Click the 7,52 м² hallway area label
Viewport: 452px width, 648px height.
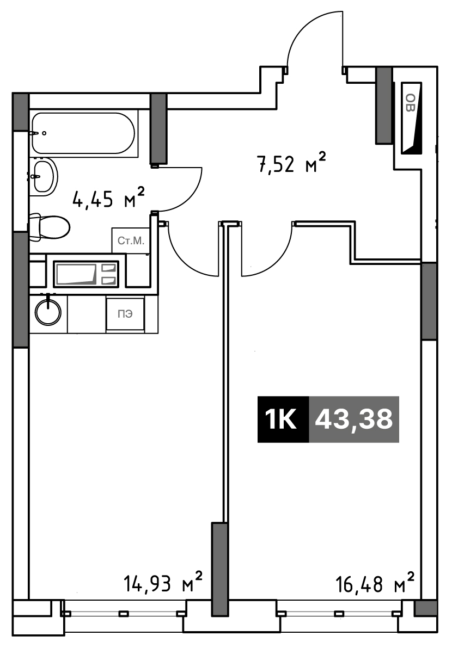coord(291,163)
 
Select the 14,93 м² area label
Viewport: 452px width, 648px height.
coord(163,582)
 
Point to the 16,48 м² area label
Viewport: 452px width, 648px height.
coord(375,582)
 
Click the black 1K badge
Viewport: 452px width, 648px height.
coord(283,419)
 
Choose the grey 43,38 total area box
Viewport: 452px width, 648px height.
coord(354,419)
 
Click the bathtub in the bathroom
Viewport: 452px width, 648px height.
coord(83,133)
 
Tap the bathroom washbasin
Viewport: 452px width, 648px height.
coord(44,176)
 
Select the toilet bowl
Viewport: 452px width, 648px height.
coord(49,227)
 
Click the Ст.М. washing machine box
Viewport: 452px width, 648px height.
coord(131,240)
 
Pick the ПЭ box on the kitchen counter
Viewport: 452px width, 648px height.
coord(125,314)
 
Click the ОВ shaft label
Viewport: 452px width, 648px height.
coord(410,102)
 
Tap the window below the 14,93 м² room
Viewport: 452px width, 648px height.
coord(123,613)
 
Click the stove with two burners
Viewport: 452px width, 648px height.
coord(86,275)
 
